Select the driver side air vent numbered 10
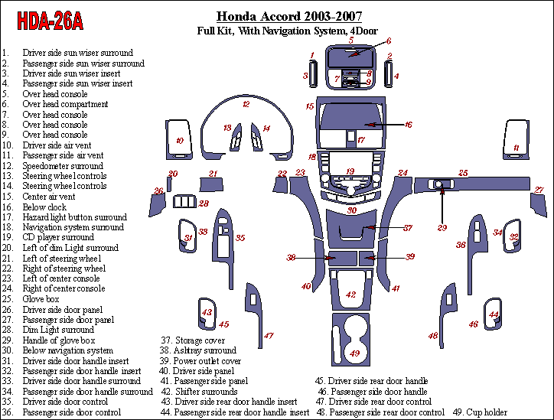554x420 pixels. [x=178, y=139]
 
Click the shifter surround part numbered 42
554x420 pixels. [x=351, y=295]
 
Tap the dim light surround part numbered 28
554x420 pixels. [x=184, y=202]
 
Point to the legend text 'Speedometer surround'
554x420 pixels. [x=63, y=166]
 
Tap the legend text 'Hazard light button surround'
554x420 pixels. [x=74, y=217]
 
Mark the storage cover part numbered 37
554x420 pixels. [x=354, y=227]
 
